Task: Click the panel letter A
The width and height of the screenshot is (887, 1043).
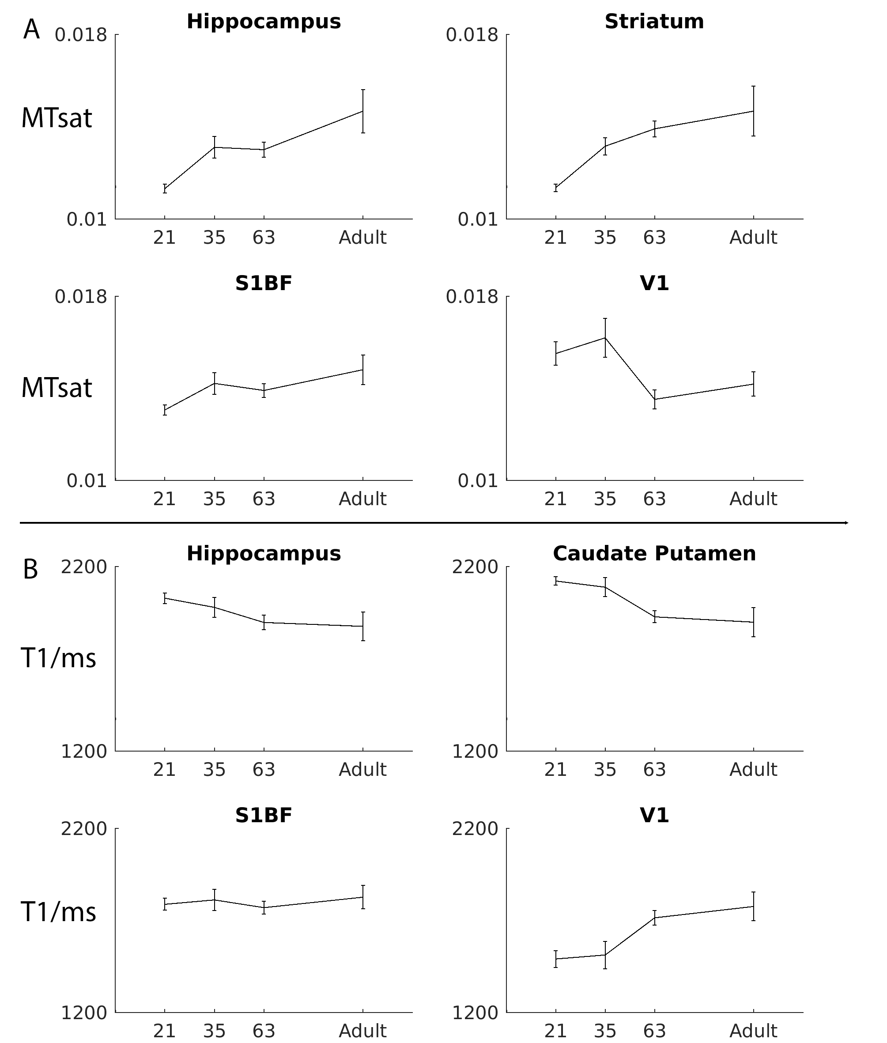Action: click(31, 30)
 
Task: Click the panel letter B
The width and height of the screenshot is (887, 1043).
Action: click(30, 570)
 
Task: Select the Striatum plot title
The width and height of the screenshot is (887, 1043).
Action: click(654, 22)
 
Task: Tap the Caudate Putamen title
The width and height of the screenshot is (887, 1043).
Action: click(654, 554)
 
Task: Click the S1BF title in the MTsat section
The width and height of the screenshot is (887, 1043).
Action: click(264, 283)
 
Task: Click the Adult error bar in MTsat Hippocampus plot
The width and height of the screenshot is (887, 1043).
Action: click(362, 111)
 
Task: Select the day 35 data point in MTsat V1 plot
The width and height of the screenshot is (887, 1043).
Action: click(605, 337)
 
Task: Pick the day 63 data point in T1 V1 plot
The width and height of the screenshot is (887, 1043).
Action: click(654, 918)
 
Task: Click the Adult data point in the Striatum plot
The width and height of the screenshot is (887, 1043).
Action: click(753, 111)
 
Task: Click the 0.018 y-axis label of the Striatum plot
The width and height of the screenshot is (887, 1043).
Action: click(472, 35)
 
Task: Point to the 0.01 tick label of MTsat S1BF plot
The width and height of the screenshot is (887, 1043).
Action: click(87, 481)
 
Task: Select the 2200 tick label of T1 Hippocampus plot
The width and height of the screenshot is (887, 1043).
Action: click(84, 567)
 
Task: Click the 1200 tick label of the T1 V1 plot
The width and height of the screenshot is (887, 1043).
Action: click(475, 1013)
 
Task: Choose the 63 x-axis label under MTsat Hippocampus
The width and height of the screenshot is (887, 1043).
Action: click(264, 238)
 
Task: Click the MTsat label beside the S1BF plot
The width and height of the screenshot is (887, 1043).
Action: click(57, 388)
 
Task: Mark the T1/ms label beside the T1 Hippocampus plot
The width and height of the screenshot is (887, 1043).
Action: click(58, 658)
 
